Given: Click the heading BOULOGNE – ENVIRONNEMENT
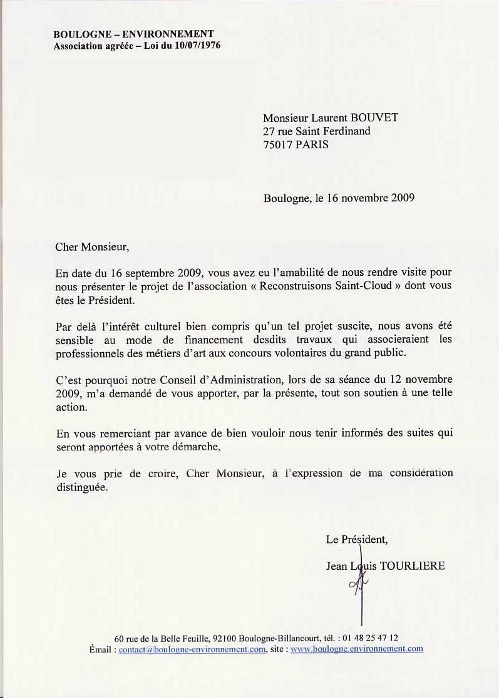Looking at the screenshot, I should pyautogui.click(x=133, y=34).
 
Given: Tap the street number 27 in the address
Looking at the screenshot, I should pyautogui.click(x=269, y=131).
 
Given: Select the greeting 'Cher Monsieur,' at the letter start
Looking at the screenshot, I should pyautogui.click(x=92, y=246).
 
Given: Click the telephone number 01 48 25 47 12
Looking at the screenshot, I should pyautogui.click(x=370, y=638).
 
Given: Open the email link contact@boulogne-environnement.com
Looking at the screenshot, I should pyautogui.click(x=192, y=649).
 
